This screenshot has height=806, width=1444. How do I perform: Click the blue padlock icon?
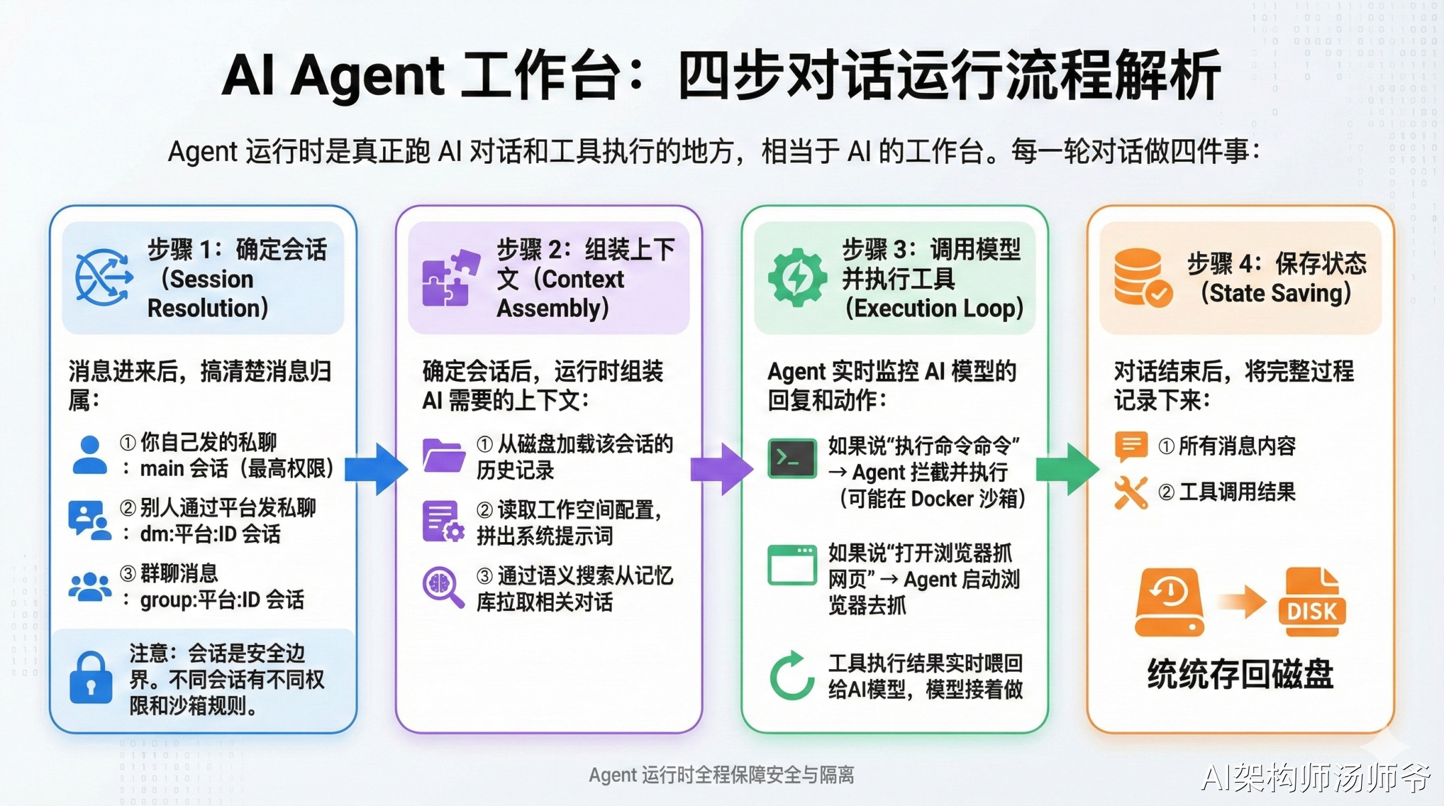[90, 678]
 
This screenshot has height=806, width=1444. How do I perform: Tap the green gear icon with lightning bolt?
[797, 277]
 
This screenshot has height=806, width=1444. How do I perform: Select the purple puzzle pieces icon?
[450, 278]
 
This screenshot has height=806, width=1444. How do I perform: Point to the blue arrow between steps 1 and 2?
[376, 468]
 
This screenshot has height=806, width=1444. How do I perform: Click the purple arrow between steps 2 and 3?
[722, 468]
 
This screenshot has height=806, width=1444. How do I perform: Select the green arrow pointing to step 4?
[1068, 468]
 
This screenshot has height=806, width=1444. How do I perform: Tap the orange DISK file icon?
[1312, 601]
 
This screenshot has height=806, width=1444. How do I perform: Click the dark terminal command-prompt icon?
[792, 458]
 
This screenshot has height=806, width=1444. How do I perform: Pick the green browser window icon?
[792, 565]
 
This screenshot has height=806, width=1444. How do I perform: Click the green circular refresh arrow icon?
[792, 676]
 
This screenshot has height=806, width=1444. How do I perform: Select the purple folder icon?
[444, 456]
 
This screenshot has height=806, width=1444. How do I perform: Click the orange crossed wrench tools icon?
[1131, 493]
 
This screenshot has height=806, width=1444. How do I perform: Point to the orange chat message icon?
[1131, 446]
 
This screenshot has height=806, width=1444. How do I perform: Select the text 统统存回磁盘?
[1240, 674]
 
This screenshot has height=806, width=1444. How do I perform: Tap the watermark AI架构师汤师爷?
[1316, 778]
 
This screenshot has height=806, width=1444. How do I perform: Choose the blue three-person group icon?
[90, 587]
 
